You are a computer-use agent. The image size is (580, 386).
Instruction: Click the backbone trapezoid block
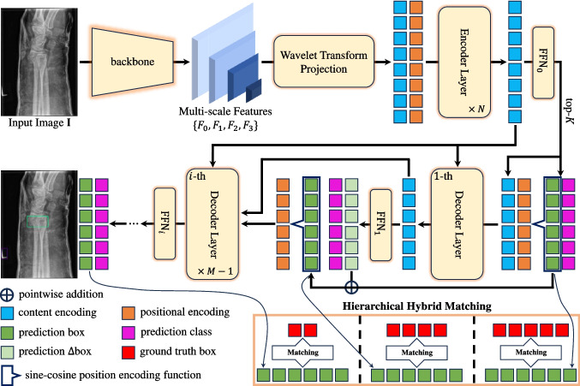tap(133, 62)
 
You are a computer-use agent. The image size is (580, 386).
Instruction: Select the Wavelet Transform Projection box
tap(324, 62)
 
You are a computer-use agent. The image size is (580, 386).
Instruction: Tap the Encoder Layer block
tap(464, 62)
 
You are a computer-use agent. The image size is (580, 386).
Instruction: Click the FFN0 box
tap(543, 62)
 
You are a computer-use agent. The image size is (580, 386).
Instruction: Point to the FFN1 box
tap(381, 225)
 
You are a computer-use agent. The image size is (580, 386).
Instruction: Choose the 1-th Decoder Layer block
tap(457, 224)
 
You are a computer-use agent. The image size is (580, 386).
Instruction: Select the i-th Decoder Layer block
tap(212, 224)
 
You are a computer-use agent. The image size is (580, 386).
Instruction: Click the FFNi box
tap(164, 224)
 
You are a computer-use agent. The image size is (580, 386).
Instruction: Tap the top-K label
tap(570, 110)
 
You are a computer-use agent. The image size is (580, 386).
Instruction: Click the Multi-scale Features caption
tap(225, 111)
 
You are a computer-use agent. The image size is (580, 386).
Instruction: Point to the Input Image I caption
tap(39, 123)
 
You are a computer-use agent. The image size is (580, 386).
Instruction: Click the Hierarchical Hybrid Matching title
tap(417, 306)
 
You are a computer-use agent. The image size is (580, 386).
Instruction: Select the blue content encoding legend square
tap(7, 313)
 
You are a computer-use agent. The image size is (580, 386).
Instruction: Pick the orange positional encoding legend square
tap(128, 313)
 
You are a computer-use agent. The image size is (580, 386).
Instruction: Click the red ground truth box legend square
tap(128, 352)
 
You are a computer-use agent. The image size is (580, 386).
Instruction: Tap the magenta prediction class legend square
tap(128, 332)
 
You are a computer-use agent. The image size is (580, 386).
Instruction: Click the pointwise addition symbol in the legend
tap(7, 294)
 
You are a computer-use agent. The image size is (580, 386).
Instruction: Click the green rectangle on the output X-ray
tap(38, 222)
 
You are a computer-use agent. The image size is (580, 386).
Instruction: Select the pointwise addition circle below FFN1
tap(351, 287)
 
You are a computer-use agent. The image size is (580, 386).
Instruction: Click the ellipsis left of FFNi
tap(133, 223)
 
